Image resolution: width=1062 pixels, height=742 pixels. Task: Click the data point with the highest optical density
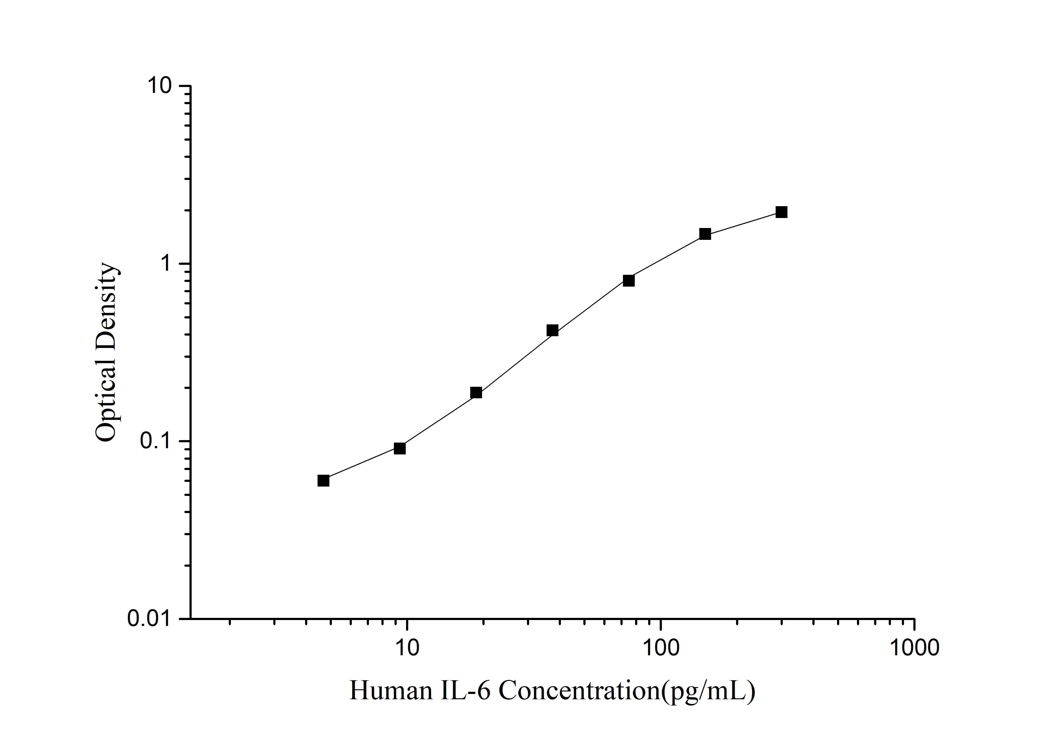click(781, 212)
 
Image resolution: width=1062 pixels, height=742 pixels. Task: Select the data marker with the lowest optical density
click(323, 480)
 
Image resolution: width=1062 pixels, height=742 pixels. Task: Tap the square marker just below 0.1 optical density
click(399, 448)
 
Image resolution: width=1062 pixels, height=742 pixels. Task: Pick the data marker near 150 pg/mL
click(705, 234)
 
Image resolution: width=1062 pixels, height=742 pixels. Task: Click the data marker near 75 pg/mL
click(629, 280)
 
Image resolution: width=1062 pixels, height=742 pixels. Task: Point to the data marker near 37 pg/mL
click(552, 331)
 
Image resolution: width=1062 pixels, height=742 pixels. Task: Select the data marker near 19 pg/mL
click(476, 393)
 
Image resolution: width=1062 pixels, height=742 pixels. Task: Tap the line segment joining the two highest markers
click(743, 223)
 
